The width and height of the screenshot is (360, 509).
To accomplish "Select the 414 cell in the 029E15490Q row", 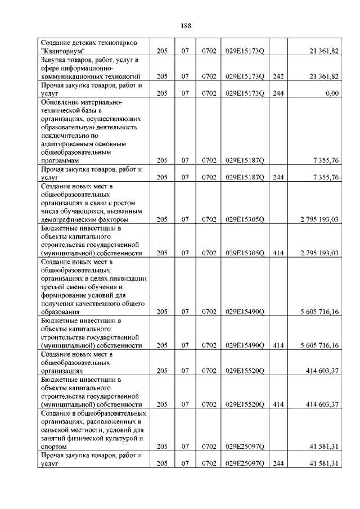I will [277, 345].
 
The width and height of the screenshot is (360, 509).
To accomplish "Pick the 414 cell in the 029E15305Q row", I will [277, 253].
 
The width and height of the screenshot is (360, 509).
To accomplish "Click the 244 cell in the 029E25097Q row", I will [277, 463].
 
